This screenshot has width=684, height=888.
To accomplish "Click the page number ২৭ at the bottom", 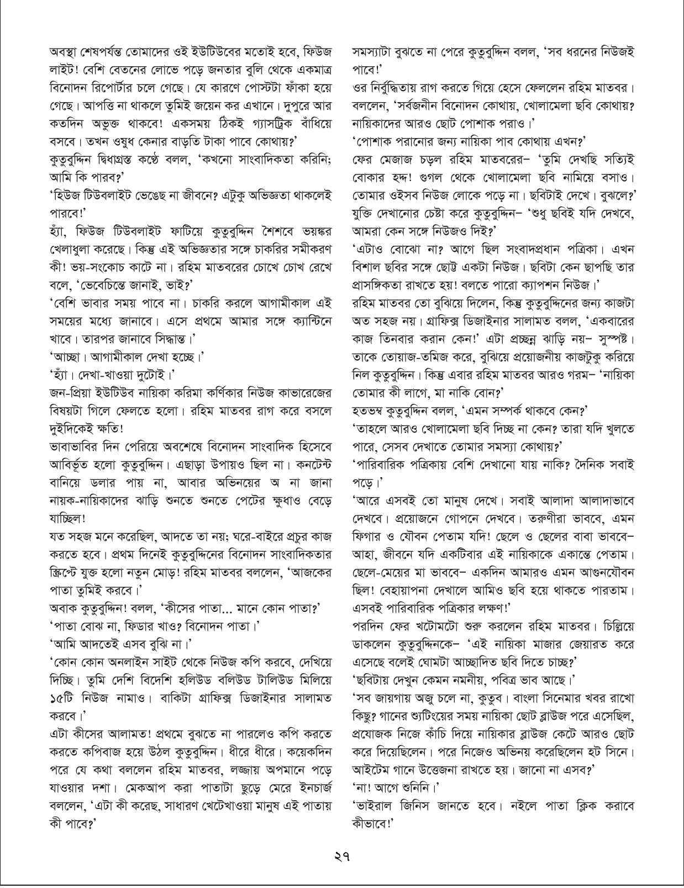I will coord(342,858).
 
